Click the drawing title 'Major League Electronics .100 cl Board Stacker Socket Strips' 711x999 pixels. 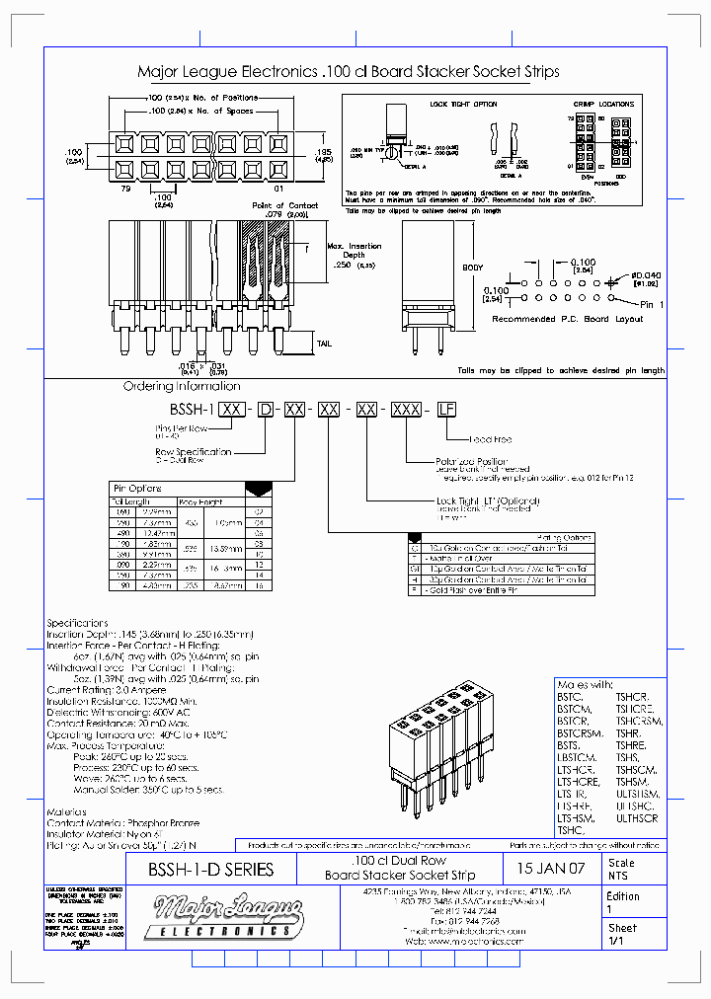[x=348, y=72]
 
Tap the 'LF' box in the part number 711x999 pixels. [x=447, y=408]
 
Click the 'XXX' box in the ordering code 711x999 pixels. [x=406, y=408]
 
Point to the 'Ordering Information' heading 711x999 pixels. [x=182, y=386]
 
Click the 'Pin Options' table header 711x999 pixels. [x=138, y=489]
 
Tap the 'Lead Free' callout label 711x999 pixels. [x=491, y=439]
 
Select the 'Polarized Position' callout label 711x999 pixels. [x=471, y=461]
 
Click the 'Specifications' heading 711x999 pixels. [x=77, y=623]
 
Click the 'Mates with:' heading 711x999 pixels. [x=585, y=684]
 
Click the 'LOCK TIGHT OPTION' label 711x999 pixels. [x=463, y=103]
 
